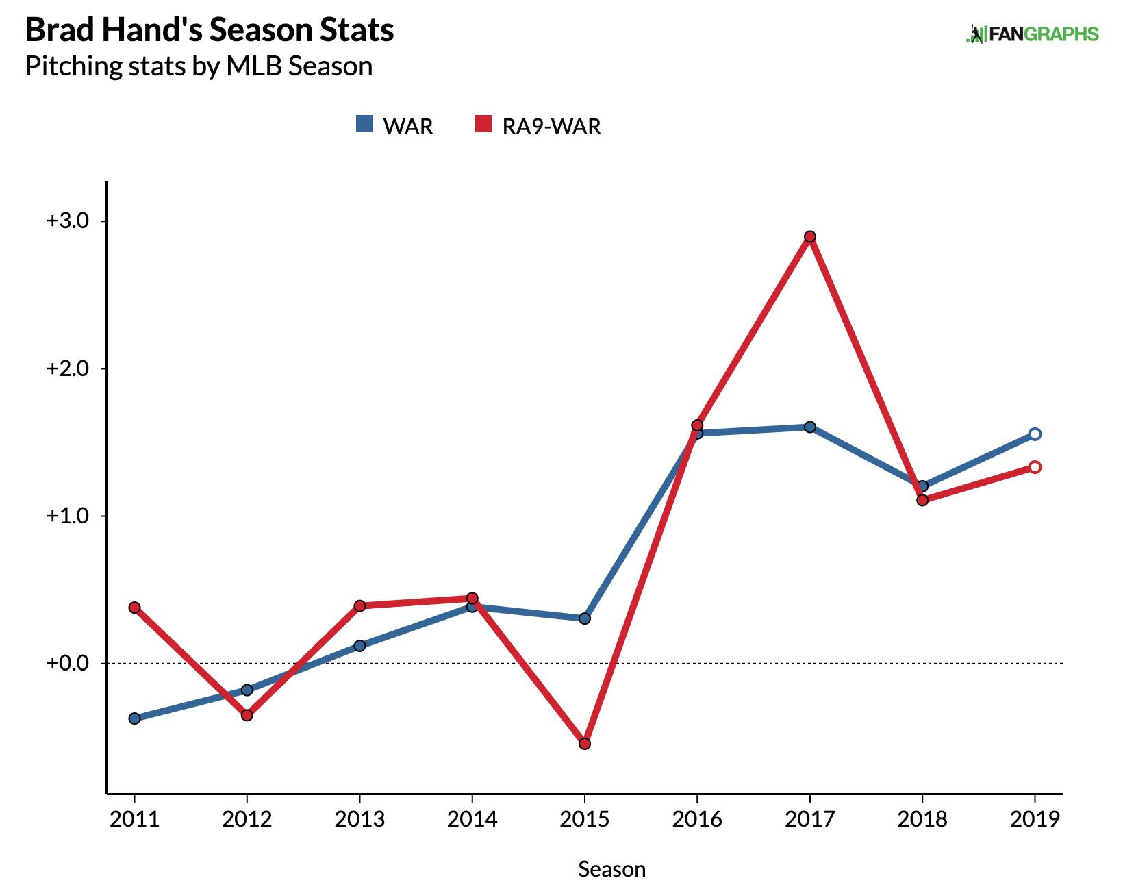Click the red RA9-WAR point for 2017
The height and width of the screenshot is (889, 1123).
[x=810, y=237]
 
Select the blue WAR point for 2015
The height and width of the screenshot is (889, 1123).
[x=585, y=618]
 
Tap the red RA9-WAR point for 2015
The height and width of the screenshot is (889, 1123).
[x=585, y=744]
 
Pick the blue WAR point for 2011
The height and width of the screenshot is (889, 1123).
[x=134, y=718]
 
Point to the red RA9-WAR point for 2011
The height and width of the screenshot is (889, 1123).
[x=134, y=608]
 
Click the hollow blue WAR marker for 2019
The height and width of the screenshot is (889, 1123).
[x=1035, y=434]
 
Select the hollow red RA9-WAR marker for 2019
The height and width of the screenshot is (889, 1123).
[x=1035, y=467]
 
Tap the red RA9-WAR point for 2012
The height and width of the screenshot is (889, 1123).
[x=247, y=715]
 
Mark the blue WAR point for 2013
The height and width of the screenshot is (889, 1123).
[x=359, y=645]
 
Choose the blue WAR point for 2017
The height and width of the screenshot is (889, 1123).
[x=810, y=427]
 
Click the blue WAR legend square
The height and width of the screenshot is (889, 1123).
[x=364, y=124]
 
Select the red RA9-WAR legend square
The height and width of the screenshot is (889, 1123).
[x=483, y=124]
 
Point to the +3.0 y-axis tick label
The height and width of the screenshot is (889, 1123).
[x=67, y=221]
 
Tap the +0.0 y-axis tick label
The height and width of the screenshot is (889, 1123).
[x=67, y=663]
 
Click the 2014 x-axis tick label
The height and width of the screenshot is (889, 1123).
[x=472, y=819]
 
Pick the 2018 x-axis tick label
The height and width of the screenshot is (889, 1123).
[x=922, y=819]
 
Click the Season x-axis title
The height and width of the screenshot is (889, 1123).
[x=611, y=869]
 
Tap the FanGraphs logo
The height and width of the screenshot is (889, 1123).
[x=1032, y=34]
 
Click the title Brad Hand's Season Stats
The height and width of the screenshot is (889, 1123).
[x=210, y=30]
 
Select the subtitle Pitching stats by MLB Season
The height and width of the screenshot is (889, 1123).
[x=199, y=66]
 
